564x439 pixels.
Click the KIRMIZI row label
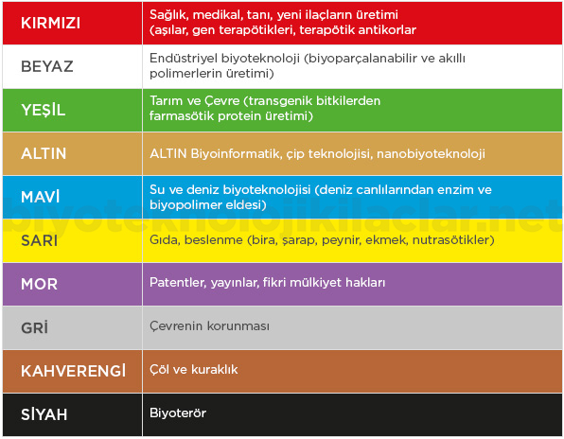(50, 23)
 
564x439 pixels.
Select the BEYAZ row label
(47, 66)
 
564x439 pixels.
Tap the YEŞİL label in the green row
(44, 110)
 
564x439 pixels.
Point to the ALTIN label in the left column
(44, 153)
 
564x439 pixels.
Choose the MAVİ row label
(41, 196)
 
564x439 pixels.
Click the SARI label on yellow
(39, 240)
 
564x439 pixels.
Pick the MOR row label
(39, 284)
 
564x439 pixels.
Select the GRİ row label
(34, 327)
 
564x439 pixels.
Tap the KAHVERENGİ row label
(74, 370)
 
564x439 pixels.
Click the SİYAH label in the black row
(44, 413)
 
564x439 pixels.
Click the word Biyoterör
(178, 413)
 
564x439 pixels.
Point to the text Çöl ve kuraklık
(193, 369)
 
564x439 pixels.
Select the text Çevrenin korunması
(209, 325)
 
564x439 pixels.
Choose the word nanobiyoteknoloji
(431, 154)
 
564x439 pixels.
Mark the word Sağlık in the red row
(169, 15)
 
